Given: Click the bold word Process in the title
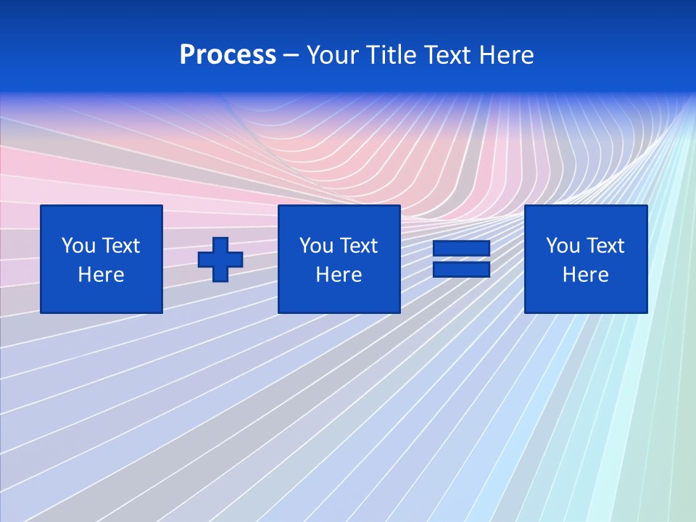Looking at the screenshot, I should pos(228,55).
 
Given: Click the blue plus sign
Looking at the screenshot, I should pos(220,260).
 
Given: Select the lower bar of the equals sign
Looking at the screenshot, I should pos(461,269).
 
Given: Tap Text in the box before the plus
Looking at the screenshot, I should pos(120,246).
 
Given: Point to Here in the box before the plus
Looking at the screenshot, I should pos(101,275).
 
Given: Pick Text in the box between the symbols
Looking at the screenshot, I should pos(357,246).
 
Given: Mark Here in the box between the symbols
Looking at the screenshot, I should pos(339,275).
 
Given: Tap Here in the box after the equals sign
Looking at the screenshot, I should pos(586,275).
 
